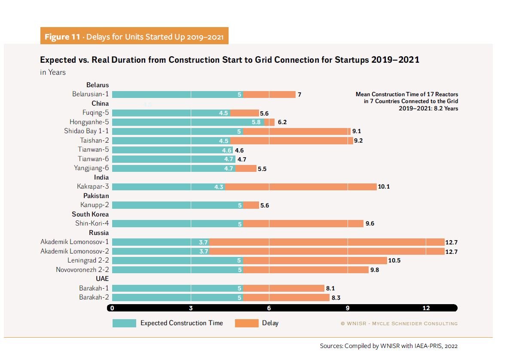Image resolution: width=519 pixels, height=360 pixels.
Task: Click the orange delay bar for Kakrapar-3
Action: point(301,187)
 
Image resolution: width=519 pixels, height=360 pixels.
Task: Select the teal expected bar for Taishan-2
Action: point(171,140)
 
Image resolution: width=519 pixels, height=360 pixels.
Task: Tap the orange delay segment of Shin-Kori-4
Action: point(303,223)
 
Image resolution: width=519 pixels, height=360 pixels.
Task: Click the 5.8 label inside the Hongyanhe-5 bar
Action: point(256,122)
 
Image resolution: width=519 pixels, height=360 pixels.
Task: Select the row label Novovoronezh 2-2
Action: point(82,270)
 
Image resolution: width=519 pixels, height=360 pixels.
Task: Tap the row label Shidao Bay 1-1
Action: point(86,131)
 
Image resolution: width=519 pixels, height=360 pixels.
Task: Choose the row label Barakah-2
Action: point(93,297)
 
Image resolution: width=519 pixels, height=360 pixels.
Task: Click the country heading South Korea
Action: point(90,214)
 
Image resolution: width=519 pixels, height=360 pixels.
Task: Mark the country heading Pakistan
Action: point(96,196)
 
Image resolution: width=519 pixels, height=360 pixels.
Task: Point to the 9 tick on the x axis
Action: point(348,308)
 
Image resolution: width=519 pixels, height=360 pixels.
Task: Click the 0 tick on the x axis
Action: point(112,308)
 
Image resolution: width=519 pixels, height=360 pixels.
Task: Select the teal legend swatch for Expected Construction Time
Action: point(124,323)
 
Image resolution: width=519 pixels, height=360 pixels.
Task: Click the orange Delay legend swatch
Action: point(247,323)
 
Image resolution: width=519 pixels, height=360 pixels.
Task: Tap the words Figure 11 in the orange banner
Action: point(62,37)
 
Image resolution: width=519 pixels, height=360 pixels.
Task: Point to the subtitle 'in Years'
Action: point(53,72)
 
